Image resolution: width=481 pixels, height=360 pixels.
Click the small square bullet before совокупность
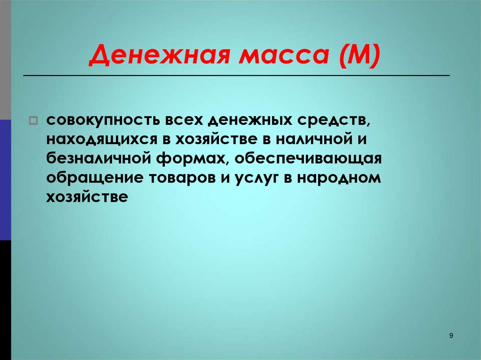[33, 121]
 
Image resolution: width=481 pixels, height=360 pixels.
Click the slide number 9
[451, 335]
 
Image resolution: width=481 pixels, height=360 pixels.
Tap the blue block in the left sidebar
[5, 180]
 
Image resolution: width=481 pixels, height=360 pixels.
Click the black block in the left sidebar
[5, 300]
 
